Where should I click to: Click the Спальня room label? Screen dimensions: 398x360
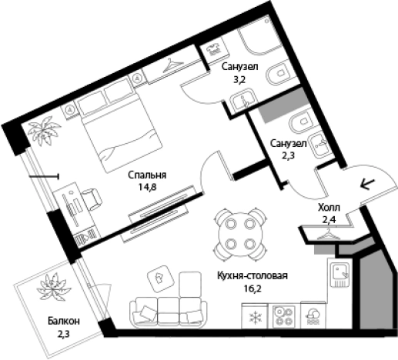147,175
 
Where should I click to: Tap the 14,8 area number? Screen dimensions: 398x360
148,188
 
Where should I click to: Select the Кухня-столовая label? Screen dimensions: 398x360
253,276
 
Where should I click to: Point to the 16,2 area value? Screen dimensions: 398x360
253,288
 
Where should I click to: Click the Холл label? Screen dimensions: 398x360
329,208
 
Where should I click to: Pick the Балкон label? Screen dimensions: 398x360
64,321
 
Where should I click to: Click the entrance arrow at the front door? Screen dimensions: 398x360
368,184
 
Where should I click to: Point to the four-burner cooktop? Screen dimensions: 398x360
283,316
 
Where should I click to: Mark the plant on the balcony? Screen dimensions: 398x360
54,287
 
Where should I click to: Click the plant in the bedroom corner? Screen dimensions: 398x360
44,131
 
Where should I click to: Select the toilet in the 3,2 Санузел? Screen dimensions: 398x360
279,73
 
